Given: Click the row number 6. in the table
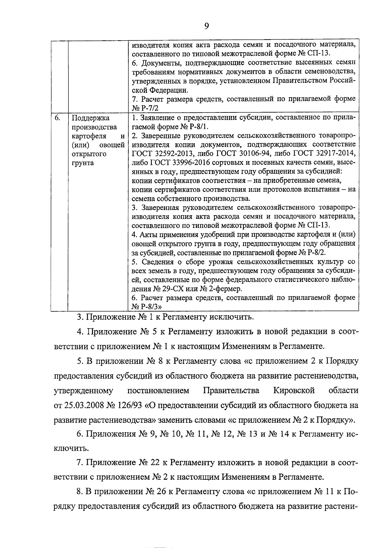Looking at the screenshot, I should [57, 118].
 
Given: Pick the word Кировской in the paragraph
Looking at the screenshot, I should [294, 391].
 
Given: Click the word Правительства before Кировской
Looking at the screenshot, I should [231, 391].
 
